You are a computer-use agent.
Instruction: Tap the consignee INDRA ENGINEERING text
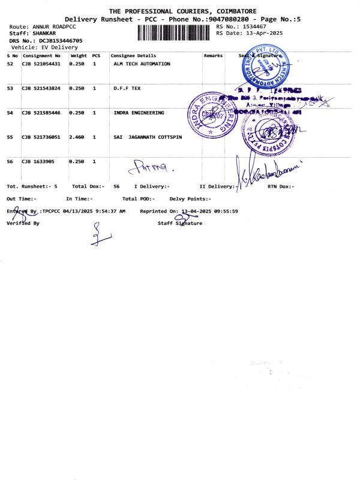pos(137,113)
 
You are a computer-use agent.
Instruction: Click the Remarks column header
pos(213,56)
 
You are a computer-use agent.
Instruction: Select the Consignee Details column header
pos(133,56)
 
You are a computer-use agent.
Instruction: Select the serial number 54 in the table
pos(10,113)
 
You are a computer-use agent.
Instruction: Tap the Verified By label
pos(22,223)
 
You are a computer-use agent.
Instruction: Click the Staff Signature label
pos(180,223)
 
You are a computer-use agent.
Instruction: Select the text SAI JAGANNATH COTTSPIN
pos(147,137)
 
